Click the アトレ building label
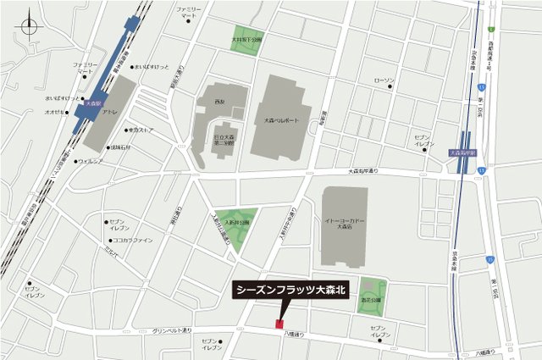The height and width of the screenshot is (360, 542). pyautogui.click(x=109, y=112)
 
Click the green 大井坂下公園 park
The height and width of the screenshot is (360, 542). pyautogui.click(x=247, y=40)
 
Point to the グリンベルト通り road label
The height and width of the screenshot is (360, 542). pyautogui.click(x=174, y=331)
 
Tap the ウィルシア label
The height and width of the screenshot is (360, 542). pyautogui.click(x=91, y=160)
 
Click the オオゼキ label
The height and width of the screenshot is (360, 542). pyautogui.click(x=56, y=111)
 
